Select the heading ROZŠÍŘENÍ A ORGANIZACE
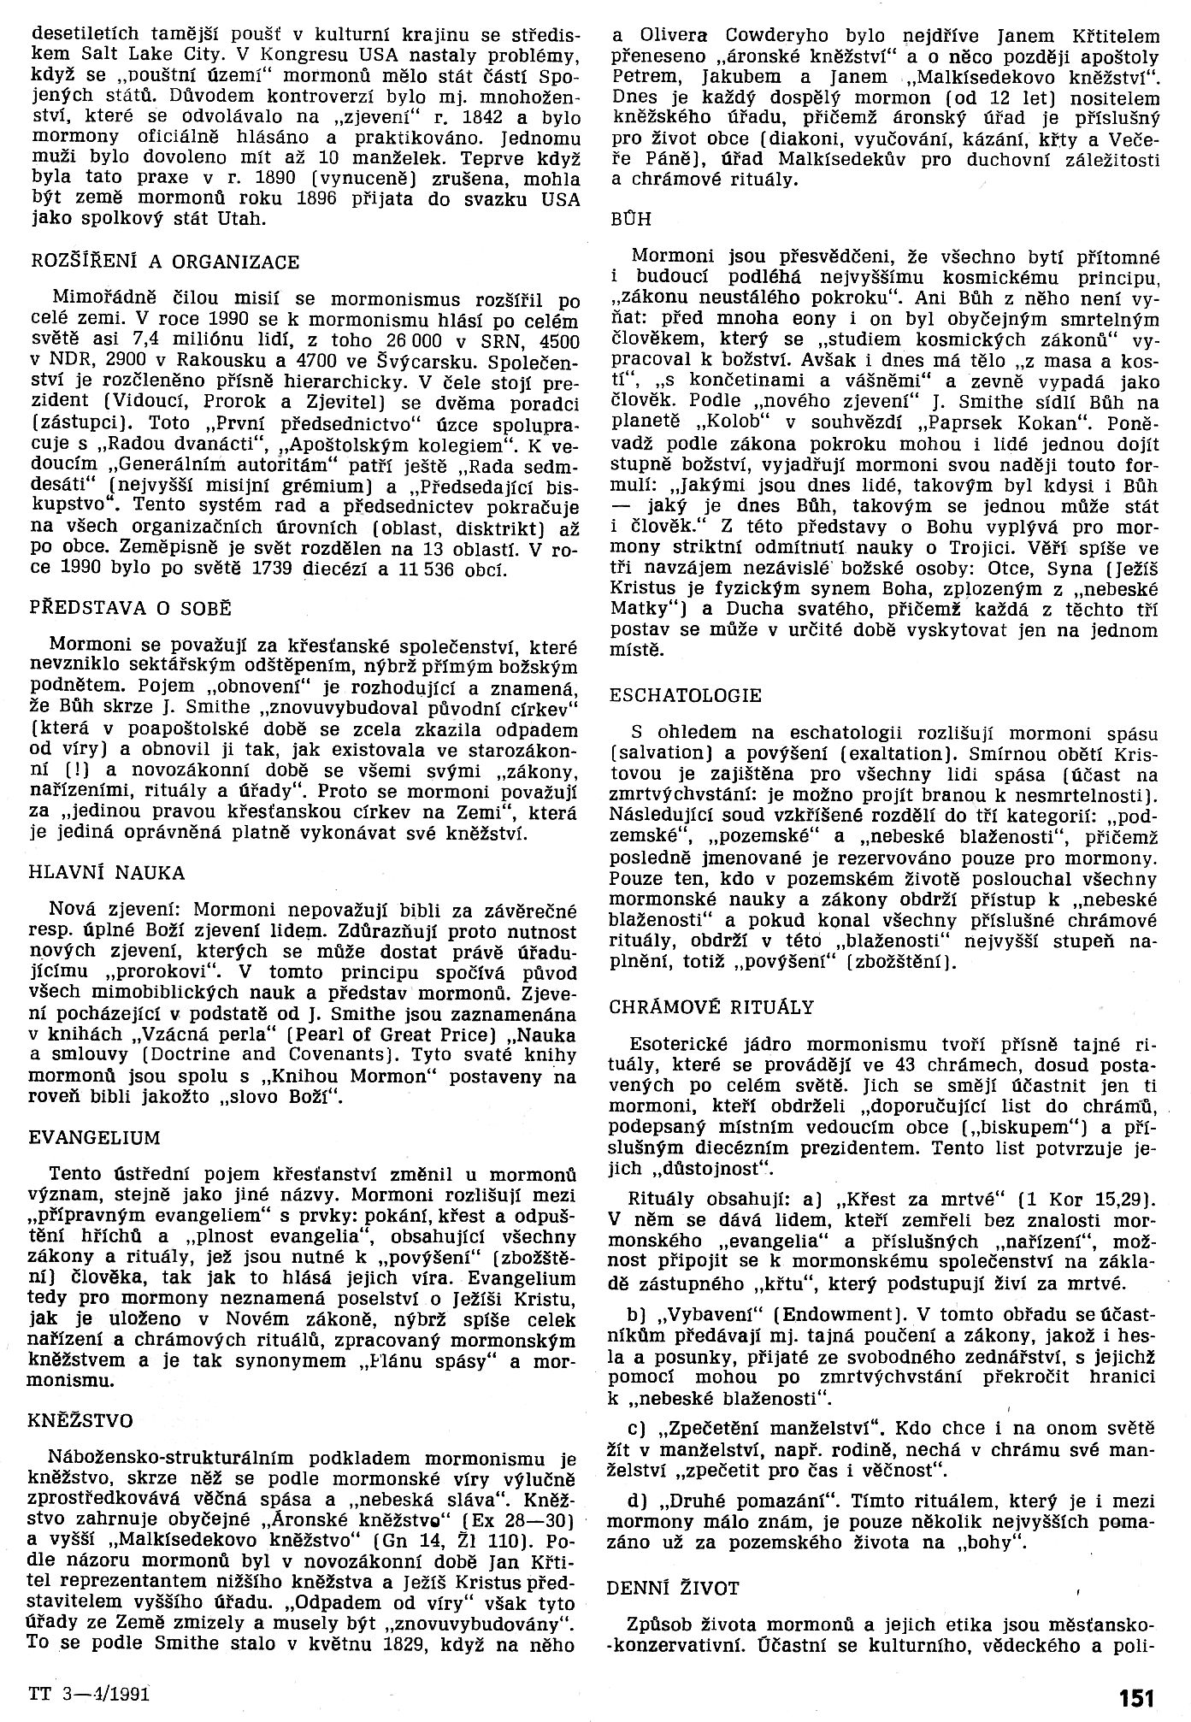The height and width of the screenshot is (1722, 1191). tap(164, 261)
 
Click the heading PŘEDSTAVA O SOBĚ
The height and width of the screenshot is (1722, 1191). tap(130, 609)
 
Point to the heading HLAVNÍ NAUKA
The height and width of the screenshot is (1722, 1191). tap(106, 873)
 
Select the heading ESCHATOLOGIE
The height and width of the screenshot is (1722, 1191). tap(686, 695)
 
